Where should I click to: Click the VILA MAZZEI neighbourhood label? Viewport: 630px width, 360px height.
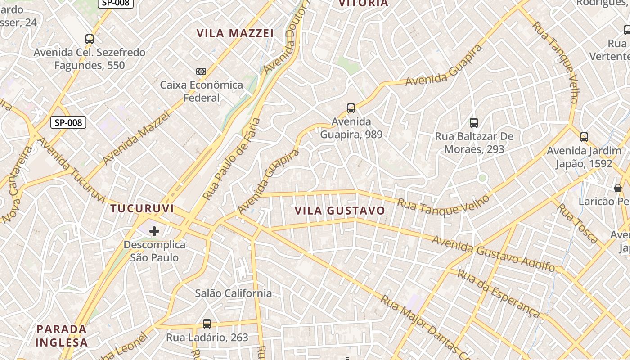[235, 33]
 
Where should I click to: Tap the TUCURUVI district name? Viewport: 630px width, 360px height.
[142, 209]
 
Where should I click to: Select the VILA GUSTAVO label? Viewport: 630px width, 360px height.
[340, 211]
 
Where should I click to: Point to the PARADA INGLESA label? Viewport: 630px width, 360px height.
[62, 335]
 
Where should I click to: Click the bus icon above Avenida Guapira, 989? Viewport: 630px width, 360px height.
[351, 108]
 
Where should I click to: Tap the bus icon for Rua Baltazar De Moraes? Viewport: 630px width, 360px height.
[473, 122]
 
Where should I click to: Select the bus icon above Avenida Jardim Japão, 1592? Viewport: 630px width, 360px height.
[584, 137]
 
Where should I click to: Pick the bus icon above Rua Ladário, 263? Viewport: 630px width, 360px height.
[207, 324]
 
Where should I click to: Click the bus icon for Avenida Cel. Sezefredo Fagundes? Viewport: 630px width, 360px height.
[90, 39]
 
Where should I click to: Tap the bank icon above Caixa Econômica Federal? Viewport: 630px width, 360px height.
[201, 72]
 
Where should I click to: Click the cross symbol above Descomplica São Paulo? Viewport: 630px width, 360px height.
[154, 232]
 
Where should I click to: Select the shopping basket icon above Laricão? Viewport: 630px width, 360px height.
[618, 188]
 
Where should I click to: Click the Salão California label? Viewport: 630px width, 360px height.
[234, 293]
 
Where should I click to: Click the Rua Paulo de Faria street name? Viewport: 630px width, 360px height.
[232, 159]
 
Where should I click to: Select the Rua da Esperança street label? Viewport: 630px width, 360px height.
[498, 293]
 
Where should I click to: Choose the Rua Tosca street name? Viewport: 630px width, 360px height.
[578, 223]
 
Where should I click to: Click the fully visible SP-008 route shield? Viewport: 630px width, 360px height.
[68, 122]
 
